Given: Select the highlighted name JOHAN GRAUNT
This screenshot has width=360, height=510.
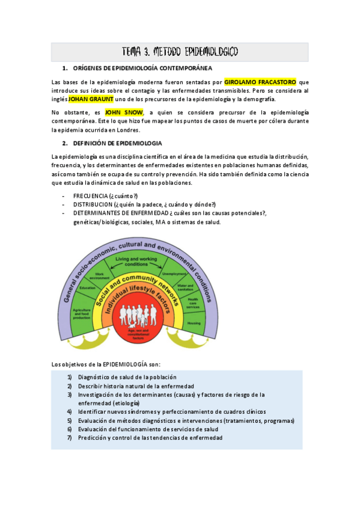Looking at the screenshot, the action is click(90, 99).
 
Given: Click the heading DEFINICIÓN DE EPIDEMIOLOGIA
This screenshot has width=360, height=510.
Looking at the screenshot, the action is click(117, 143).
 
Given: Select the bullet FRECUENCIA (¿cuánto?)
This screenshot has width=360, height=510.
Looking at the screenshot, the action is click(105, 196).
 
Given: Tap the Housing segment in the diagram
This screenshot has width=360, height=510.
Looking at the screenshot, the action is click(194, 322).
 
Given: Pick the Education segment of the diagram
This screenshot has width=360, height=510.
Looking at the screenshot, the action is click(88, 287).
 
